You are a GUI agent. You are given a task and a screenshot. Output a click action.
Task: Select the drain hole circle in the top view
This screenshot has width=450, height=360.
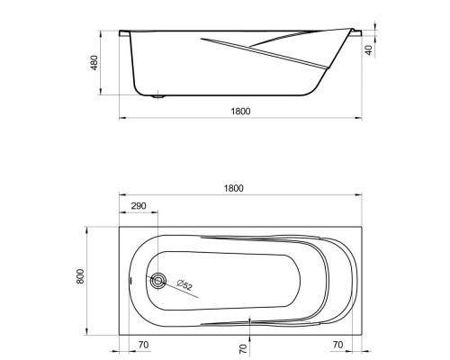[x=159, y=281]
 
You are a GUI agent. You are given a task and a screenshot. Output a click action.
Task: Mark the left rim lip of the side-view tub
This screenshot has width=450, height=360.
[x=124, y=34]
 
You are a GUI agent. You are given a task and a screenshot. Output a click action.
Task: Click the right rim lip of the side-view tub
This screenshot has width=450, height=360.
[x=357, y=34]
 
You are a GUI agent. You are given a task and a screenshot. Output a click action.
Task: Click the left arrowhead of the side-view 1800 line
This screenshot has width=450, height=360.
[x=121, y=118]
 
